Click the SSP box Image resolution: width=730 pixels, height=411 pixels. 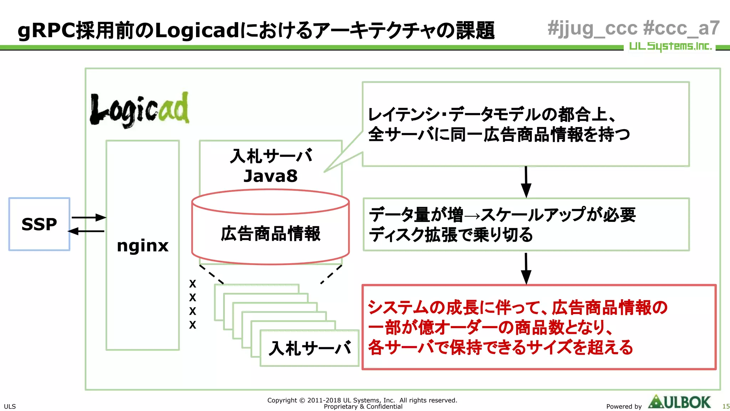coord(39,224)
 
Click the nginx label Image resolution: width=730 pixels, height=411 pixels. coord(143,245)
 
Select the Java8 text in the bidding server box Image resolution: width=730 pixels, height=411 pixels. coord(270,176)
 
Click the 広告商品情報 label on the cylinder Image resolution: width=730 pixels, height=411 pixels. coord(271,234)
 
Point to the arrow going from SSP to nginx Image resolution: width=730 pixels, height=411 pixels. coord(89,217)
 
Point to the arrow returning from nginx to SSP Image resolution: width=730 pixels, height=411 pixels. coord(86,231)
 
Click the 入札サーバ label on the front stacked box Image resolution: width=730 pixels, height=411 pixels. coord(310,348)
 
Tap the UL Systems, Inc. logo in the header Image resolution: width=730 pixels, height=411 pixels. coord(670,46)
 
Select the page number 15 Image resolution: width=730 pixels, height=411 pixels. coord(726,406)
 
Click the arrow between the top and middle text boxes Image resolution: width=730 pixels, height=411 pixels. coord(526,182)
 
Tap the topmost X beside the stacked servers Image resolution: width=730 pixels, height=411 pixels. coord(192,284)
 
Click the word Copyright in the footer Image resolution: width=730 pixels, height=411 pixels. coord(282,400)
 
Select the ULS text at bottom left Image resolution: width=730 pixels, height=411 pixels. coord(10,406)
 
